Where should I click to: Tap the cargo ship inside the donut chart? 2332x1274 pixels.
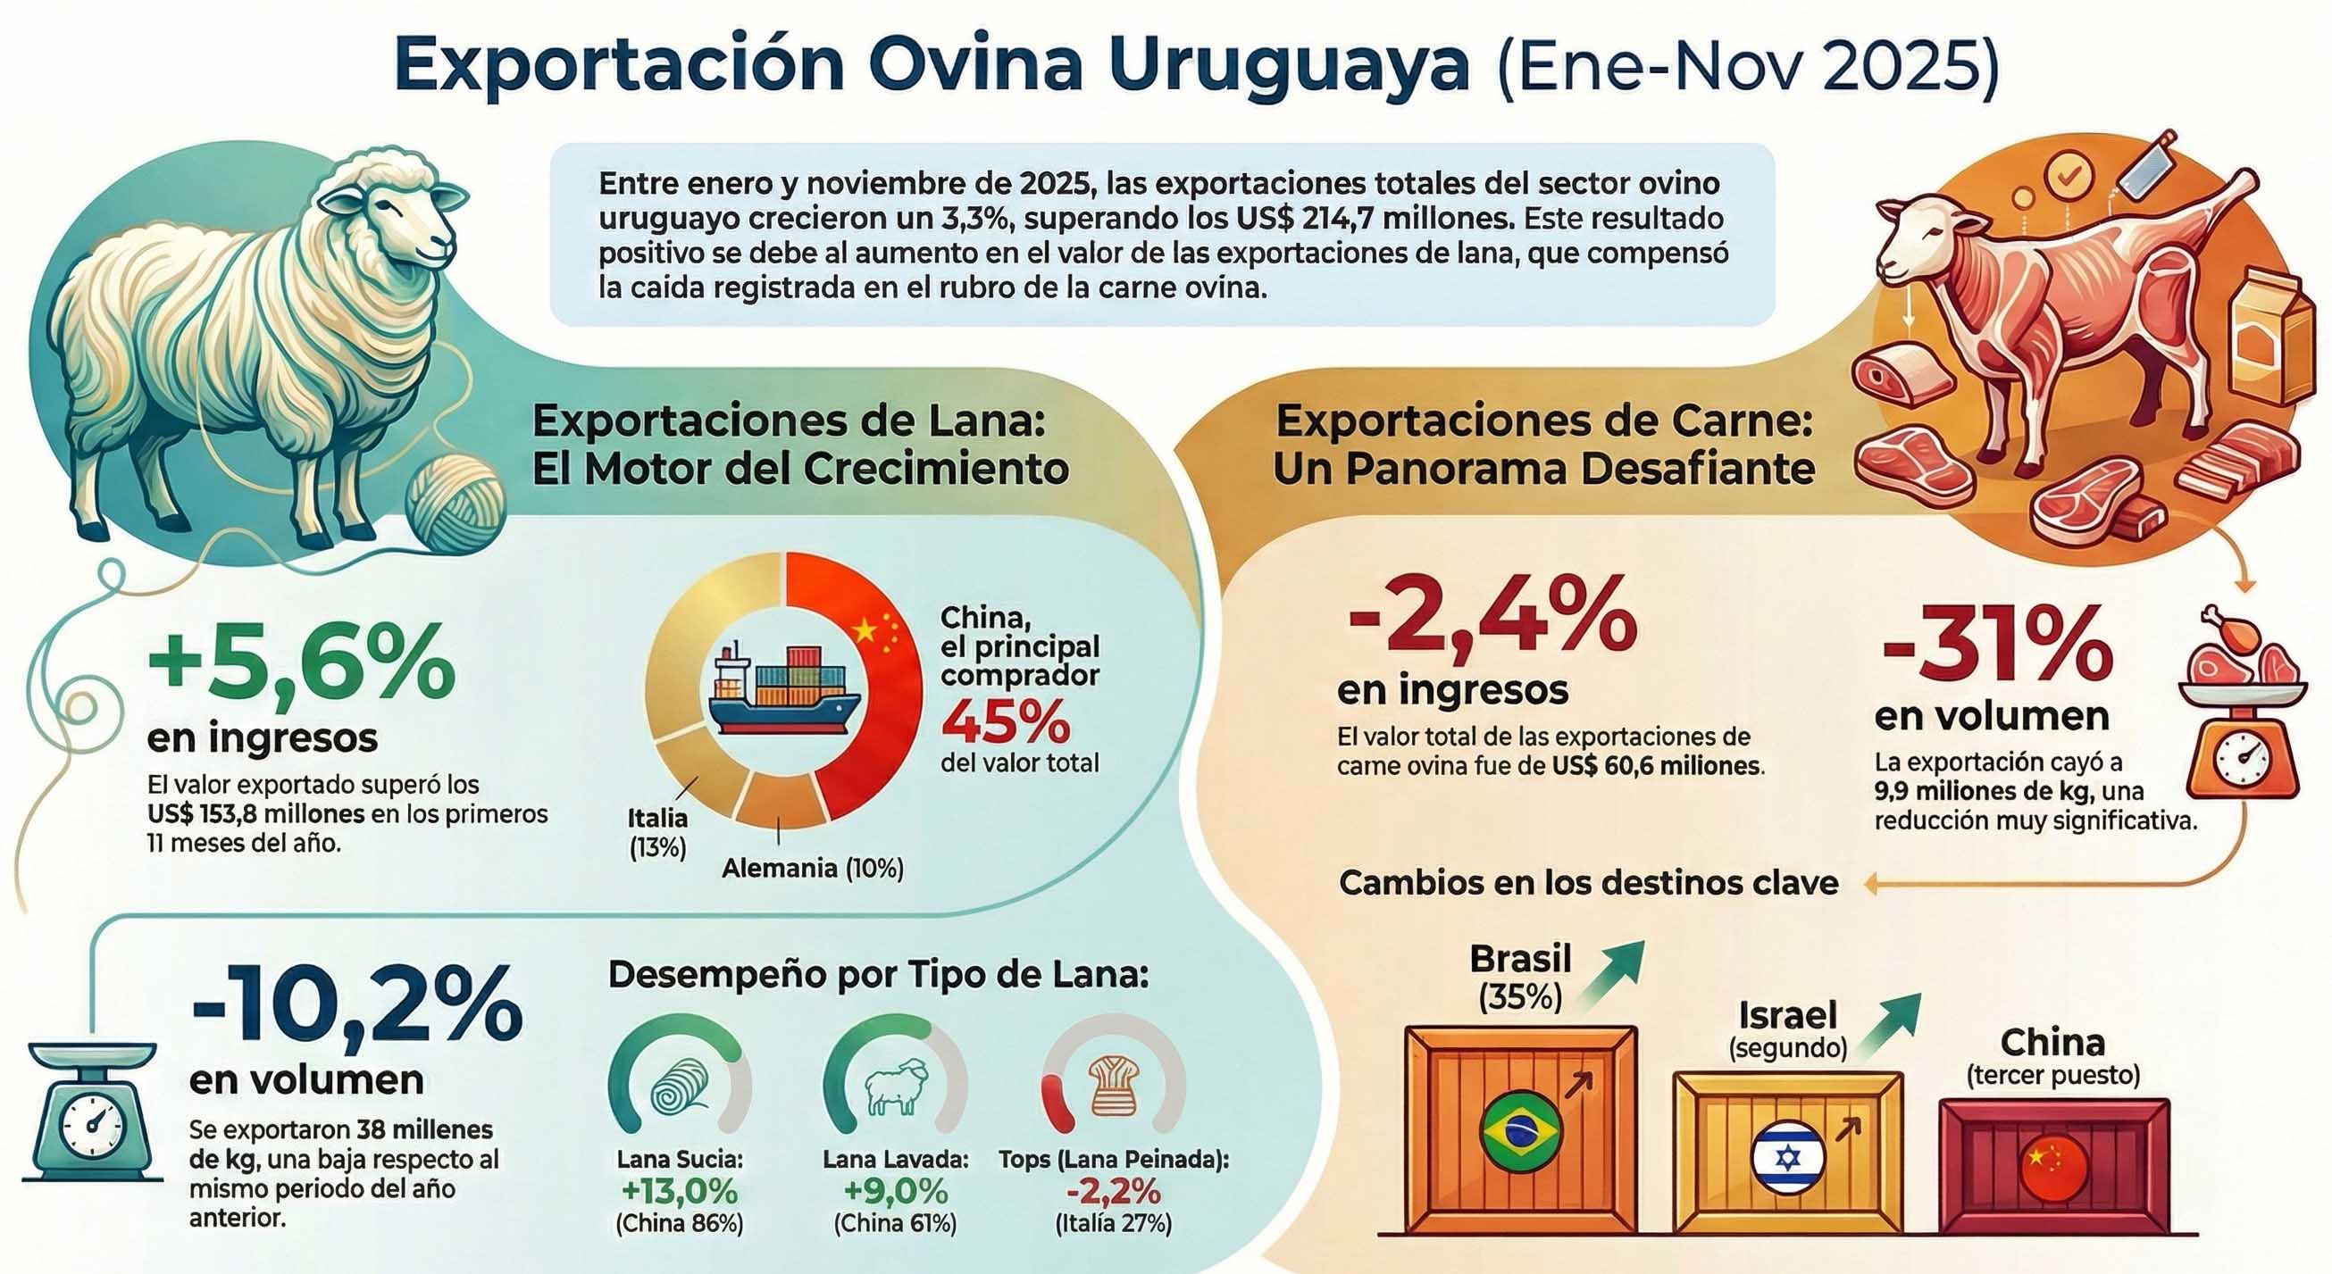point(784,692)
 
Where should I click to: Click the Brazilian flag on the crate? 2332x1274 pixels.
point(1521,1132)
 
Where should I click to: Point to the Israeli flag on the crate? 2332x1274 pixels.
point(1788,1158)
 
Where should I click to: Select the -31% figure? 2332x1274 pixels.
point(1997,647)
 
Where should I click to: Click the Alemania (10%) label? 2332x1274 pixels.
point(812,869)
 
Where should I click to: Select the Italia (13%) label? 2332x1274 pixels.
point(658,832)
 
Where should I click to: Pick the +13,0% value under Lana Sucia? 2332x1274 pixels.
point(680,1192)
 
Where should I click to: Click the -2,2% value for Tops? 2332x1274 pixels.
point(1113,1192)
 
